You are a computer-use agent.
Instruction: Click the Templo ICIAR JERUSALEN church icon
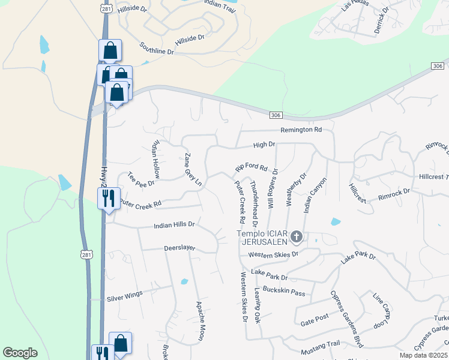tap(296, 238)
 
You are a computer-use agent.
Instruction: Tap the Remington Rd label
tap(301, 130)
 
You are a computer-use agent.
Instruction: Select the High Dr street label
tap(264, 145)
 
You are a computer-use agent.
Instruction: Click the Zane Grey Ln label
tap(193, 169)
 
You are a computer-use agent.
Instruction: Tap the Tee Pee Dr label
tap(142, 179)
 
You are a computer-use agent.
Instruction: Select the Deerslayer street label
tap(181, 247)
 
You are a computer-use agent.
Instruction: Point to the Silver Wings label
tap(125, 297)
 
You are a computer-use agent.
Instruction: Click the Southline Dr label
tap(157, 49)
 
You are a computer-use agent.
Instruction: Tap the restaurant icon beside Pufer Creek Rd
tap(109, 197)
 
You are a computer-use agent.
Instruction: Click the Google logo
tap(20, 353)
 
